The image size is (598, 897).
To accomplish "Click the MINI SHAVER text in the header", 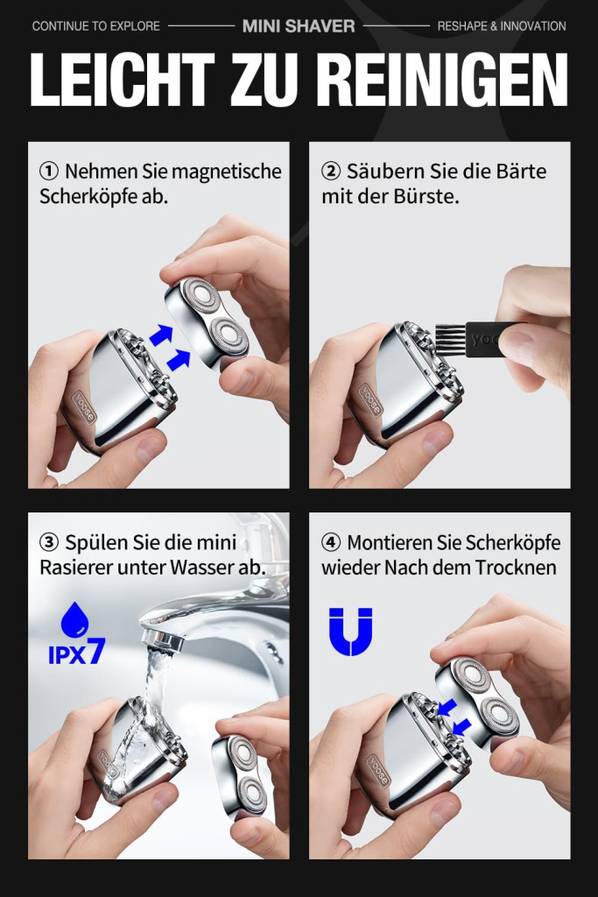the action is click(x=299, y=25).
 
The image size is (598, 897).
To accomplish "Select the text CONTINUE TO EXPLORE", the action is click(x=96, y=25).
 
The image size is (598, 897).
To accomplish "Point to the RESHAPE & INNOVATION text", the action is click(x=502, y=25).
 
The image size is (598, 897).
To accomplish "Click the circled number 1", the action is click(x=49, y=171).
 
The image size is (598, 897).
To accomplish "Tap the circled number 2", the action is click(x=331, y=171).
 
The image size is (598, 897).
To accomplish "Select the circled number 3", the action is click(x=49, y=541).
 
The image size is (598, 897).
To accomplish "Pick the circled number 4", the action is click(x=331, y=541).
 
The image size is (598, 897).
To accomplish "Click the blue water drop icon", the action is click(x=75, y=619).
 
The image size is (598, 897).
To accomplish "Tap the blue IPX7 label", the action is click(x=76, y=652).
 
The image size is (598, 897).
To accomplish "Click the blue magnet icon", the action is click(x=350, y=632).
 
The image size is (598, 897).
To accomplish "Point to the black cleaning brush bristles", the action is click(x=451, y=341).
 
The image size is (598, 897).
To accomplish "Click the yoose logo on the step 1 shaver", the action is click(x=83, y=407).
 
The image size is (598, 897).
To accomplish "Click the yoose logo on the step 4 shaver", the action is click(x=377, y=771).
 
